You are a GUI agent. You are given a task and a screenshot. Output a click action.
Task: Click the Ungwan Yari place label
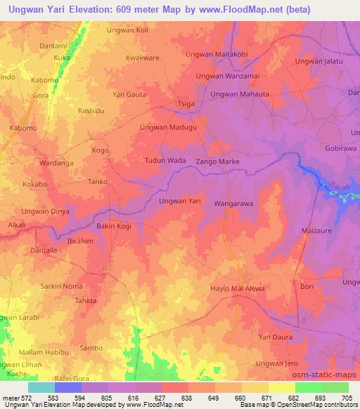click(x=181, y=202)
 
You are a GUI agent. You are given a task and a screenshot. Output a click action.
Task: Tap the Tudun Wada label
click(x=165, y=160)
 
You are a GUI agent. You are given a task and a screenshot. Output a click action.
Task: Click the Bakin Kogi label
click(x=113, y=226)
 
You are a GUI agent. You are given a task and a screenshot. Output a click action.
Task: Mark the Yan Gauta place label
click(x=130, y=93)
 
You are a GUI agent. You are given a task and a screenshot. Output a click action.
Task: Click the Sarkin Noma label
click(x=61, y=286)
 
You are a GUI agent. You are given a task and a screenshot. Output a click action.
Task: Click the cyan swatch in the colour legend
click(x=41, y=387)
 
